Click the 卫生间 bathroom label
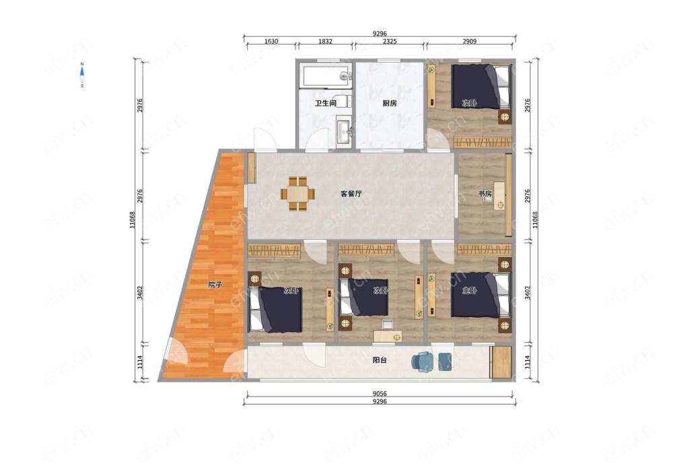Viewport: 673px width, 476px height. tap(325, 104)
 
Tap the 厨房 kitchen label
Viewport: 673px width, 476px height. tap(389, 104)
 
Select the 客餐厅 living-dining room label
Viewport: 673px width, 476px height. tap(351, 194)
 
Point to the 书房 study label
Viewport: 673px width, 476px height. tap(485, 194)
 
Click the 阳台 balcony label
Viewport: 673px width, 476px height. tap(380, 360)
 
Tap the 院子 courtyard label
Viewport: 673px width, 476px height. tap(215, 285)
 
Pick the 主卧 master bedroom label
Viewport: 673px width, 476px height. tap(469, 291)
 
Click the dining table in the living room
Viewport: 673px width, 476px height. tap(298, 194)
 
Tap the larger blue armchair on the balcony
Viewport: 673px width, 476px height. tap(423, 362)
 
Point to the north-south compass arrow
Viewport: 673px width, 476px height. tap(82, 75)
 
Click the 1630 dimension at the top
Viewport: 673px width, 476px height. tap(271, 41)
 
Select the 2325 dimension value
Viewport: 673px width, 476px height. tap(389, 41)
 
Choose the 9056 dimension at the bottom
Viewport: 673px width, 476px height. tap(380, 393)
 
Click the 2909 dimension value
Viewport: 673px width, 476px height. tap(469, 41)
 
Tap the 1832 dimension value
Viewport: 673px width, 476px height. tap(325, 41)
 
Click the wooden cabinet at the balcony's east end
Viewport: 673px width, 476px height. tap(501, 362)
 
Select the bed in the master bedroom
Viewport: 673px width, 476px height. tap(481, 295)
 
